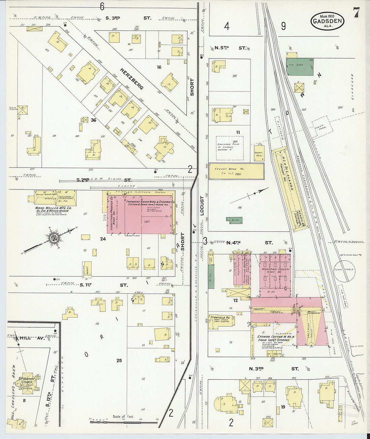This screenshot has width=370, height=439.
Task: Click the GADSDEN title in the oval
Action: [327, 21]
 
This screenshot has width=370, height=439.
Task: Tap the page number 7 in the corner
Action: [356, 13]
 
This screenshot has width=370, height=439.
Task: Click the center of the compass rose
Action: [53, 238]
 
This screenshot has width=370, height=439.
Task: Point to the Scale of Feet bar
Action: [123, 421]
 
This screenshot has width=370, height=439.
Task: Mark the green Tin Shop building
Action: [300, 67]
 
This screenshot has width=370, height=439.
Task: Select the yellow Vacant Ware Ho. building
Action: [236, 171]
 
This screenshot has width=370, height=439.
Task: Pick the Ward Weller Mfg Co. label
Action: [52, 208]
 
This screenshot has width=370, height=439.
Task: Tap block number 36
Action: [93, 120]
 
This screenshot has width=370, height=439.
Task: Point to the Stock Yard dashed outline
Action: [323, 126]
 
